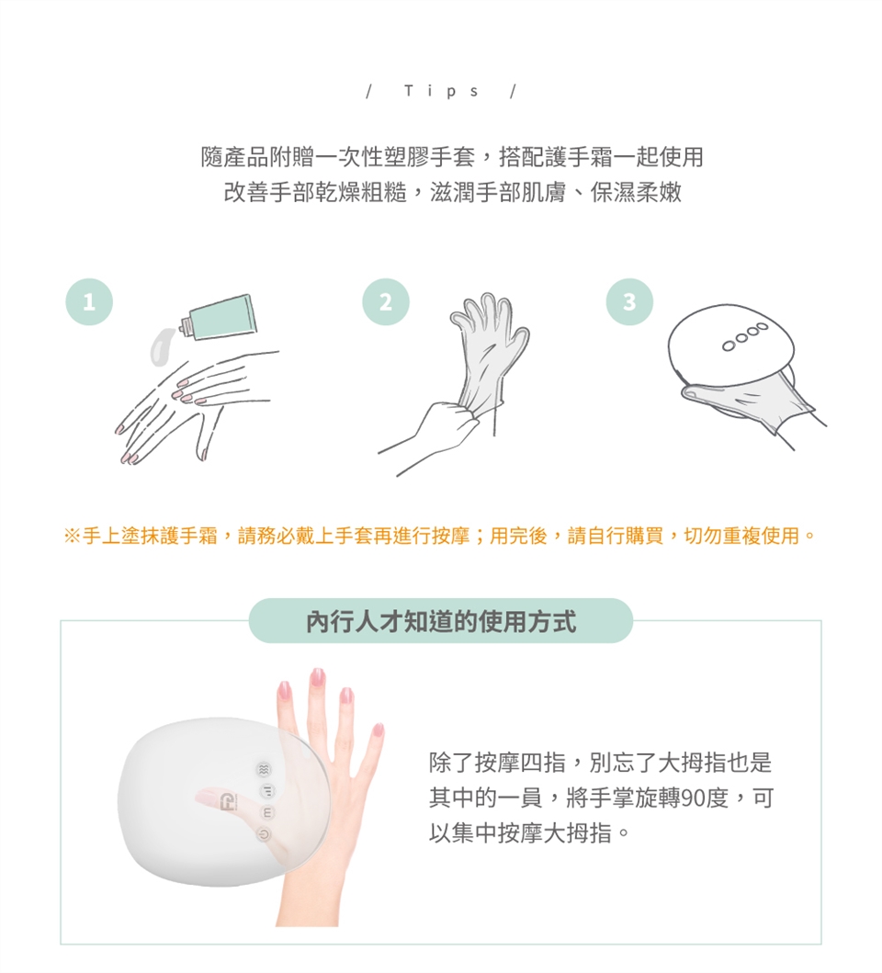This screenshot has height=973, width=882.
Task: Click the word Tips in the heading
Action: click(x=441, y=92)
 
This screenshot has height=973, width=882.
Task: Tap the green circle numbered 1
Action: click(x=89, y=301)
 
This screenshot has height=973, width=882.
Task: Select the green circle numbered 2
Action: click(x=386, y=301)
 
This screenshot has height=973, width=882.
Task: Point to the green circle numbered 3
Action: click(x=629, y=301)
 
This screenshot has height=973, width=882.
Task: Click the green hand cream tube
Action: click(x=218, y=317)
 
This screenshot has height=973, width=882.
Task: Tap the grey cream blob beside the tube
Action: click(x=163, y=346)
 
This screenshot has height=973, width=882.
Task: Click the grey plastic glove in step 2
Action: click(x=491, y=347)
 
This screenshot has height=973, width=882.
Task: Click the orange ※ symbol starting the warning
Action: click(x=72, y=536)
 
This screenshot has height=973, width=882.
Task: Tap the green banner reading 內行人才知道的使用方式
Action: click(x=441, y=621)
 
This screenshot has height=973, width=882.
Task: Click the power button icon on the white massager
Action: click(x=265, y=835)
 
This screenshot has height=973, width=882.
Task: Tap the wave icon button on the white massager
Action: click(x=265, y=769)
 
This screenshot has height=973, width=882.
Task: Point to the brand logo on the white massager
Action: click(x=229, y=802)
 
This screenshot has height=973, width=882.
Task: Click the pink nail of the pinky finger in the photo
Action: click(x=378, y=730)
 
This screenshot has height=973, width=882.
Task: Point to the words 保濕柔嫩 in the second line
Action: click(x=636, y=192)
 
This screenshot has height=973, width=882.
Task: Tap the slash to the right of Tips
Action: click(x=514, y=92)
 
